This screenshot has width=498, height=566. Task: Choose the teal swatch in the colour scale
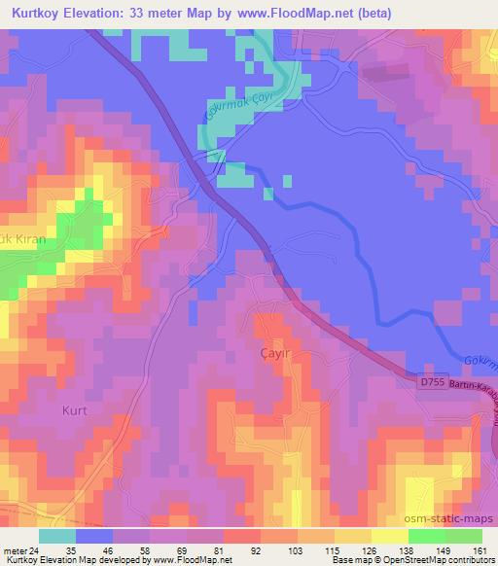[x=57, y=536]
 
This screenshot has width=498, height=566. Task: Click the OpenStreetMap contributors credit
[x=437, y=561]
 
